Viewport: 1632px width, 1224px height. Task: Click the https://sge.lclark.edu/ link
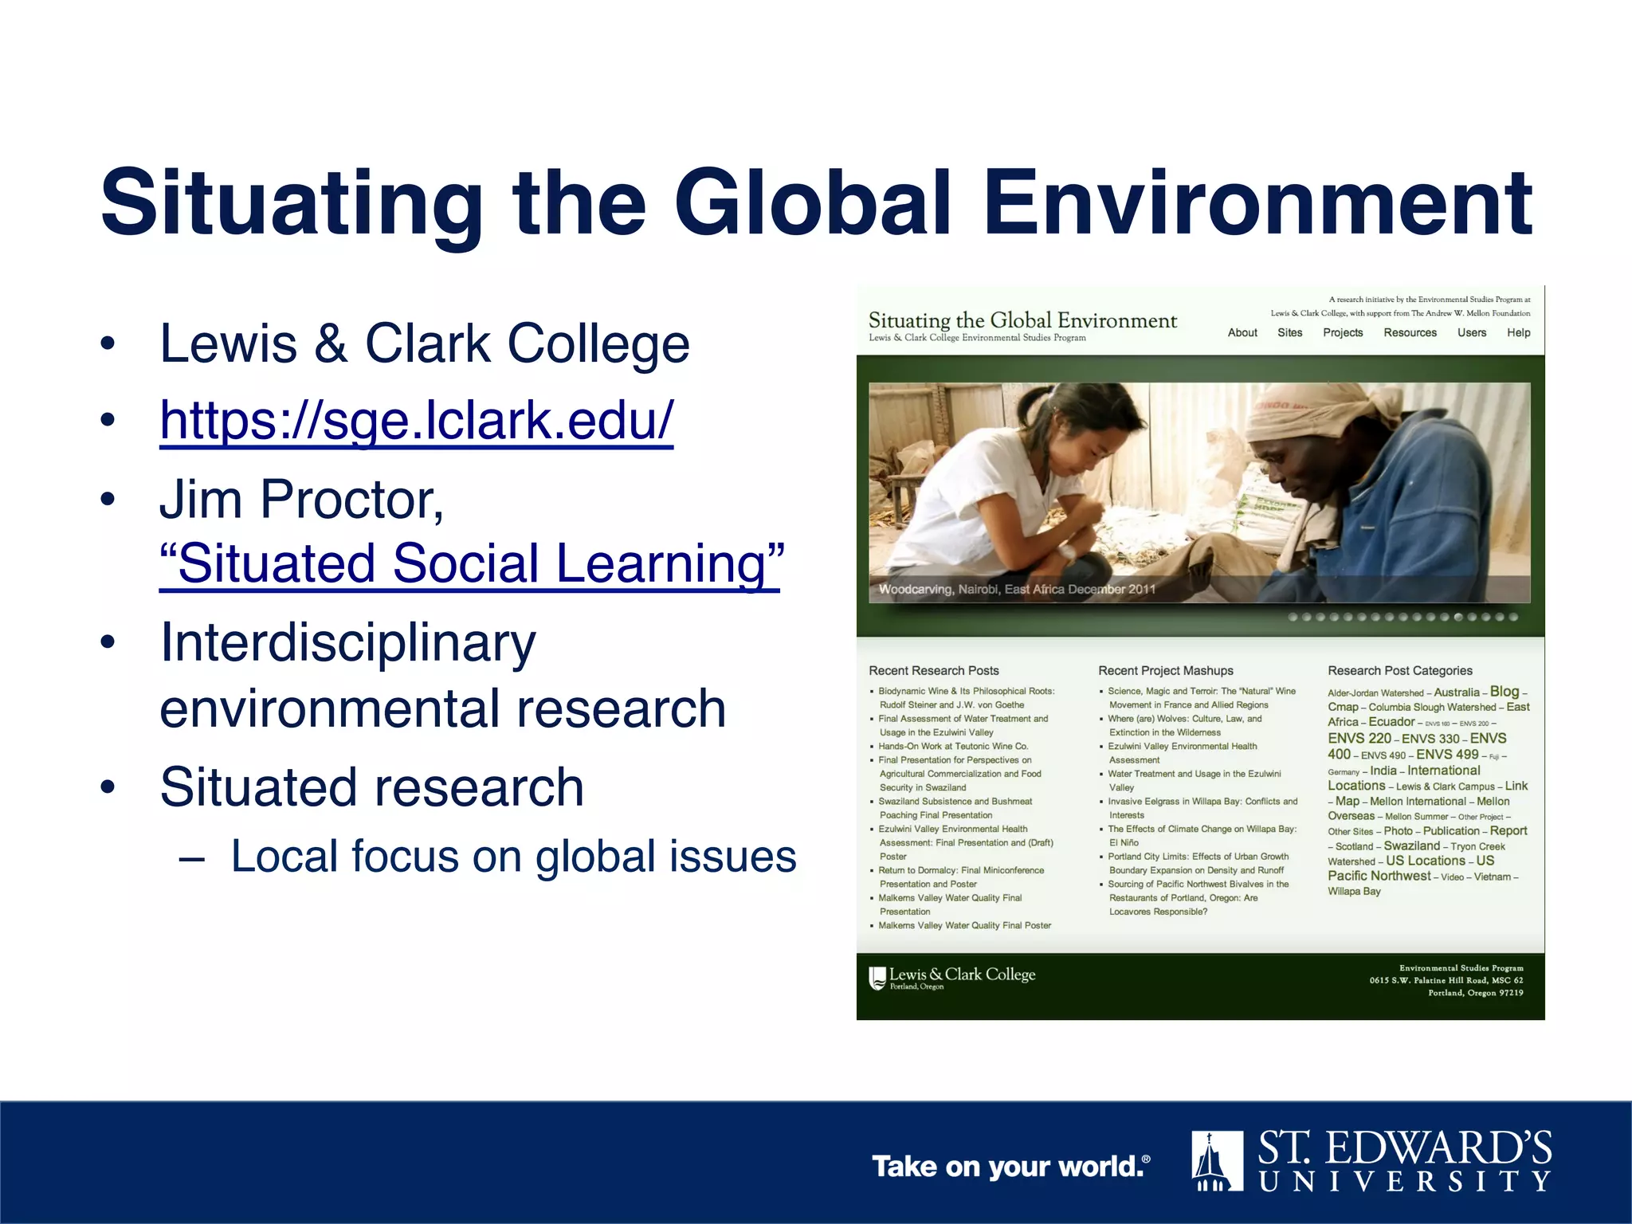[416, 421]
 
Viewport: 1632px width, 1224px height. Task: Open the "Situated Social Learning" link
[471, 563]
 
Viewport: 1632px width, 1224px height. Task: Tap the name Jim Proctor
[300, 500]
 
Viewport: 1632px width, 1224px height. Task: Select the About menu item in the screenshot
[1242, 333]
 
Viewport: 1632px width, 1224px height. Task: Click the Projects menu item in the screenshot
[1343, 333]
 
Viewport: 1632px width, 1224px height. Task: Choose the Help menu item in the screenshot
[1518, 333]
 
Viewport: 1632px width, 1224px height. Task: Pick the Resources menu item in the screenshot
[1410, 333]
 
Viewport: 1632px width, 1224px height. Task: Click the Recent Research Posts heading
[933, 671]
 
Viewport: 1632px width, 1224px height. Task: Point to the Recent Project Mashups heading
[1165, 671]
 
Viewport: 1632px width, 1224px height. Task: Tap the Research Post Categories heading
[1399, 671]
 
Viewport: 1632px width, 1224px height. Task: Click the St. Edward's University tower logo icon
[1217, 1160]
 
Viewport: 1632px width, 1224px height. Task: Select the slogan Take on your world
[1010, 1167]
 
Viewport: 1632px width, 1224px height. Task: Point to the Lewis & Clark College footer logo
[952, 977]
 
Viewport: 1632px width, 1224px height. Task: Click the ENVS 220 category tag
[1359, 739]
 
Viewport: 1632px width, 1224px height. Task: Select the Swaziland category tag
[1411, 846]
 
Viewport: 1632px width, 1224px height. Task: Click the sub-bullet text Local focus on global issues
[513, 857]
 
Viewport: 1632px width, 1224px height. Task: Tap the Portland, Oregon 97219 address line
[1475, 993]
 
